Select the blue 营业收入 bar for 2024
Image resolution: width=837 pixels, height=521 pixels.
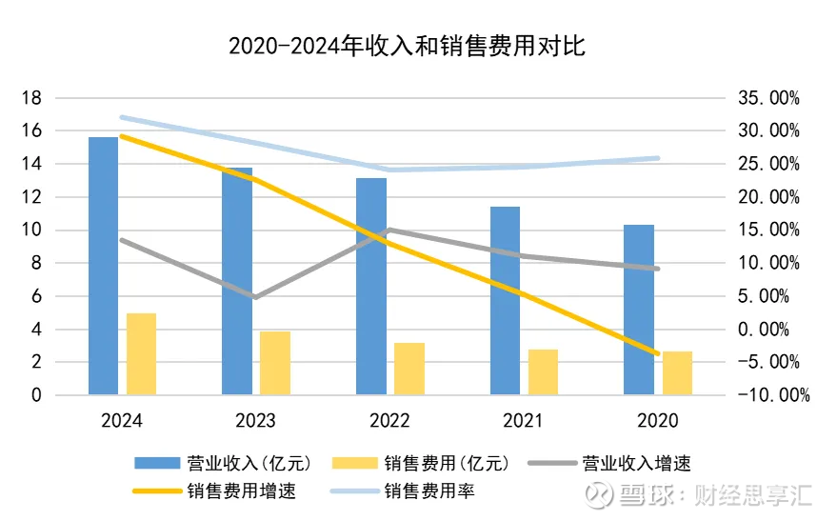(x=103, y=266)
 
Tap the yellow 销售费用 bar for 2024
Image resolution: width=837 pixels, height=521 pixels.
(x=141, y=353)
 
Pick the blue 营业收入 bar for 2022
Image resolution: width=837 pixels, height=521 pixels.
(x=371, y=286)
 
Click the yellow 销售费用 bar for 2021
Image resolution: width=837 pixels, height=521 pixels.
(x=543, y=371)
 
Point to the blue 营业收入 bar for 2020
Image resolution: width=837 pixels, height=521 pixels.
(x=639, y=310)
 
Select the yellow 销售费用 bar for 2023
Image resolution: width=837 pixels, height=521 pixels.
(x=275, y=363)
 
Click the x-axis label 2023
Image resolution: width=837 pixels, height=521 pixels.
(x=255, y=420)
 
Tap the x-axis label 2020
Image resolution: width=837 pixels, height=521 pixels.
(x=658, y=420)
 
